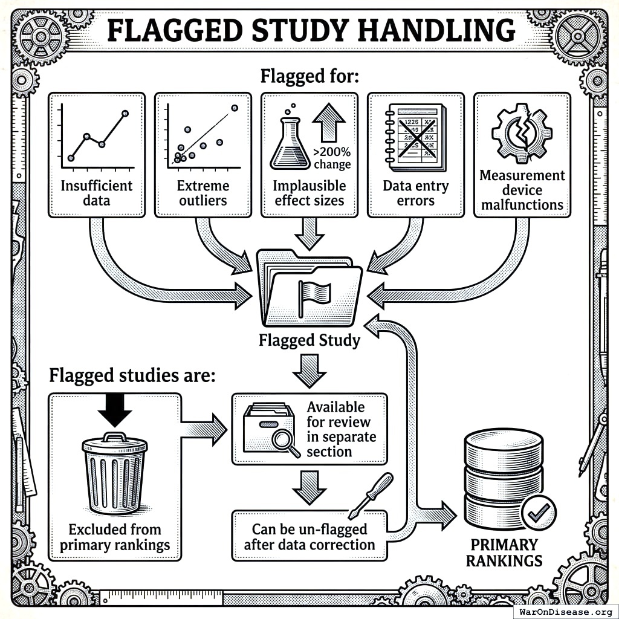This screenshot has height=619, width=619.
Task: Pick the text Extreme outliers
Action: coord(203,192)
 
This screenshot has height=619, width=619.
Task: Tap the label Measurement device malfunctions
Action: coord(522,190)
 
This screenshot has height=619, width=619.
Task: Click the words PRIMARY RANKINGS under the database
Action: coord(504,553)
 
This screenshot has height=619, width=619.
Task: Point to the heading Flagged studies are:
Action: coord(131,375)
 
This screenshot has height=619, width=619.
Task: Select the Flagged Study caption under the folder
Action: coord(309,340)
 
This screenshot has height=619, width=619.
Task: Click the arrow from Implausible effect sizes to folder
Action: coord(309,233)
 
